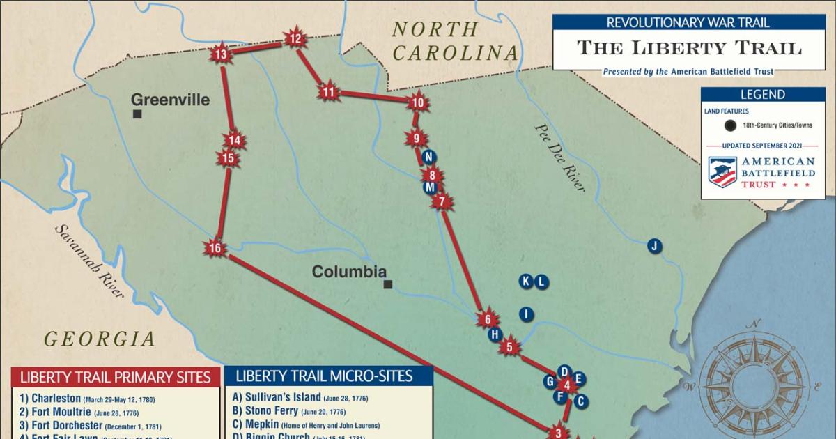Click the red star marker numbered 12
pyautogui.click(x=295, y=39)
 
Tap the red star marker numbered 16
pyautogui.click(x=215, y=249)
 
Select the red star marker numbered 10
pyautogui.click(x=417, y=103)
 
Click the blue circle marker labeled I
pyautogui.click(x=527, y=314)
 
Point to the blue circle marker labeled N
pyautogui.click(x=429, y=157)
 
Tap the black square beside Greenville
pyautogui.click(x=138, y=114)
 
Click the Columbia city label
pyautogui.click(x=348, y=271)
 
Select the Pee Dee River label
pyautogui.click(x=560, y=157)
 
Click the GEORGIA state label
pyautogui.click(x=100, y=339)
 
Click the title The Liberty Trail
pyautogui.click(x=688, y=47)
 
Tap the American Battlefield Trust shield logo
pyautogui.click(x=722, y=171)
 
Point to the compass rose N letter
pyautogui.click(x=753, y=324)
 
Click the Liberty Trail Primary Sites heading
pyautogui.click(x=115, y=378)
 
